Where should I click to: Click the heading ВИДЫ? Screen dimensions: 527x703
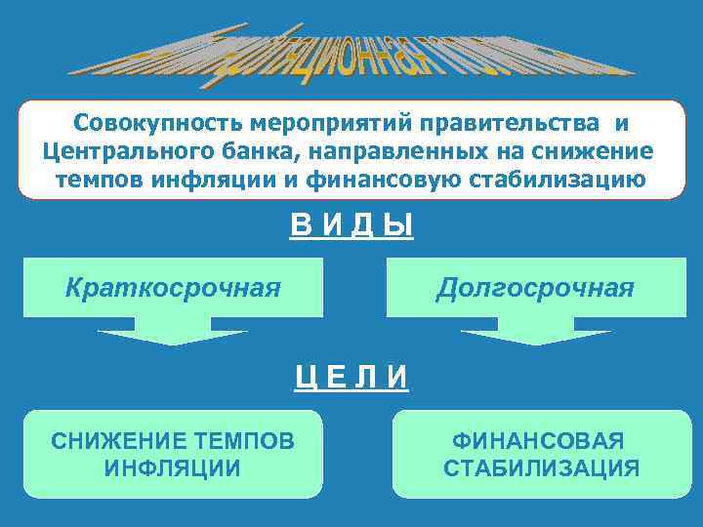pos(351,227)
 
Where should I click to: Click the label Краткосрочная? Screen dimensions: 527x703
pos(173,288)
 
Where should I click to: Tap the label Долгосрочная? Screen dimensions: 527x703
pos(535,288)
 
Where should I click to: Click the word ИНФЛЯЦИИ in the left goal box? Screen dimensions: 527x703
pos(173,467)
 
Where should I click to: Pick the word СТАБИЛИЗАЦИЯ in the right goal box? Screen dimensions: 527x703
pos(542,468)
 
